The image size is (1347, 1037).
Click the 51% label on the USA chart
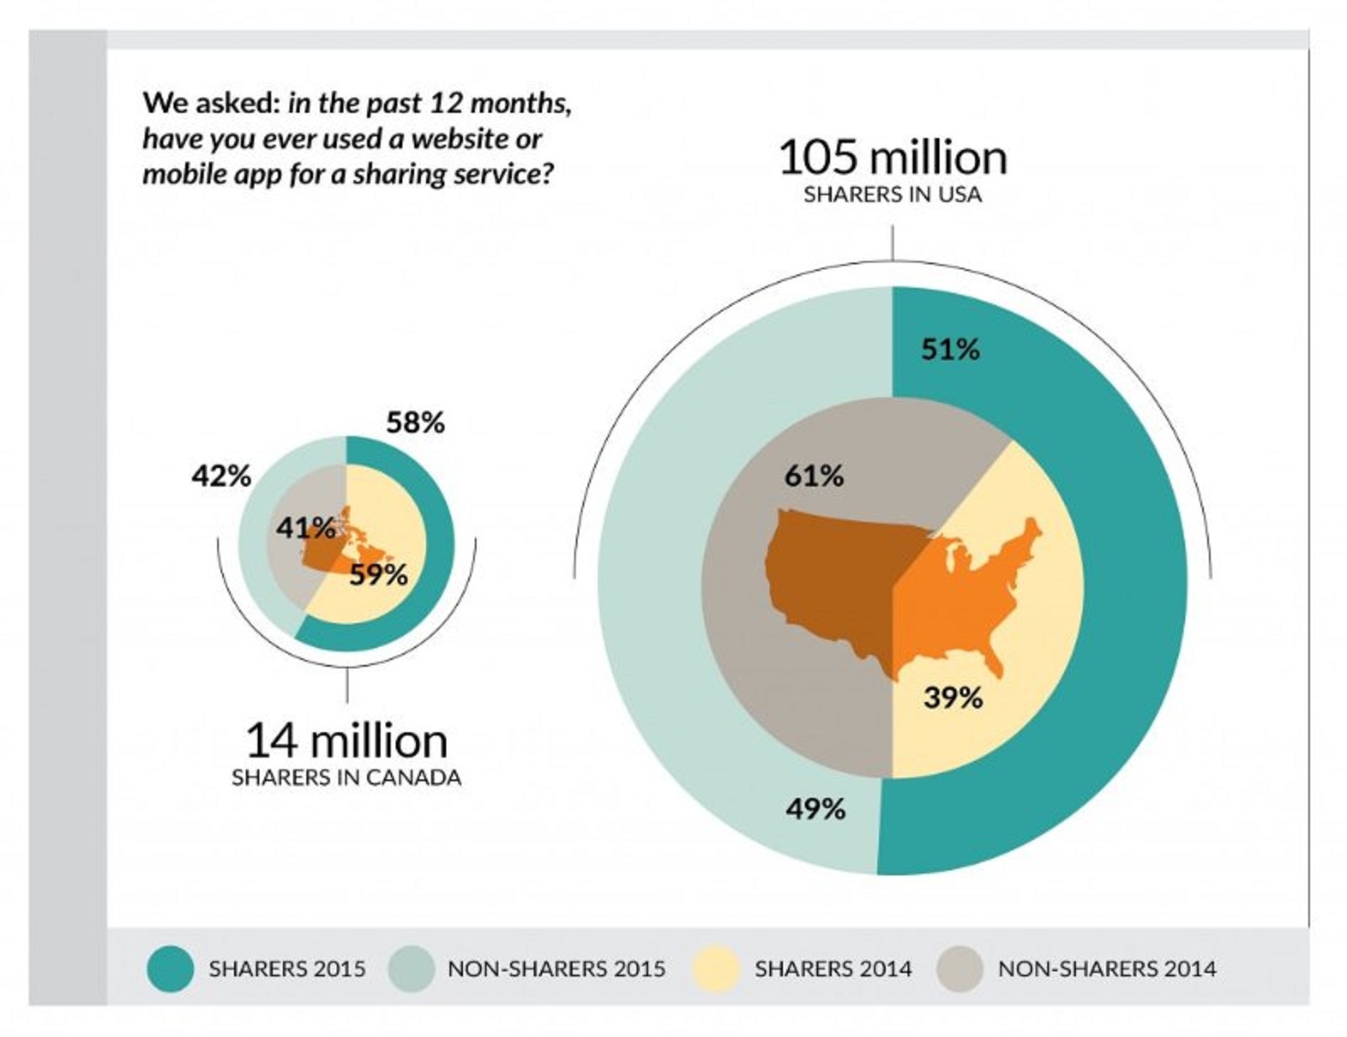(x=950, y=349)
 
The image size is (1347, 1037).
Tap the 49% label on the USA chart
(x=815, y=809)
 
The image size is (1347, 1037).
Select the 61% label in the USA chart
(x=813, y=476)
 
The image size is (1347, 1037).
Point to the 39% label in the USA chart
(x=952, y=697)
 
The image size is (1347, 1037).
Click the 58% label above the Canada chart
(x=415, y=423)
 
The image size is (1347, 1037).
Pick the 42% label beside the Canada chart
(x=221, y=476)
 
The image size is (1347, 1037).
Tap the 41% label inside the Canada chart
(x=305, y=529)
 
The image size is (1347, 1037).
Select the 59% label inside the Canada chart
(x=379, y=575)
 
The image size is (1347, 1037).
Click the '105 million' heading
(x=892, y=157)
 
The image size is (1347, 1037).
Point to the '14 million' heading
(x=346, y=741)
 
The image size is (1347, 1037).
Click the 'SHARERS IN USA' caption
(x=892, y=194)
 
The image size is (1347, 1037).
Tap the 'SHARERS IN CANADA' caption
(x=346, y=777)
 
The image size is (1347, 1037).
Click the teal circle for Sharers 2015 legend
(x=170, y=968)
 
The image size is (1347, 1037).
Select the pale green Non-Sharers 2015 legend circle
(x=412, y=968)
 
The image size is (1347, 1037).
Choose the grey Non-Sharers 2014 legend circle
(x=959, y=968)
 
